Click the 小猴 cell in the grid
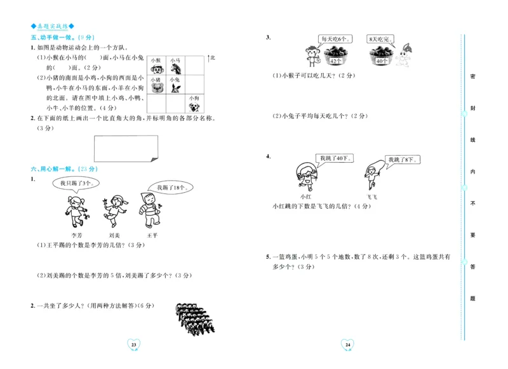point(156,67)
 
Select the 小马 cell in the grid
point(175,67)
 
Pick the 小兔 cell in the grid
point(175,85)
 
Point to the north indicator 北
point(213,58)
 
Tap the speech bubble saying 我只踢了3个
point(76,183)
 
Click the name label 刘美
point(114,226)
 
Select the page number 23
point(133,344)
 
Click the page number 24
point(347,344)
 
